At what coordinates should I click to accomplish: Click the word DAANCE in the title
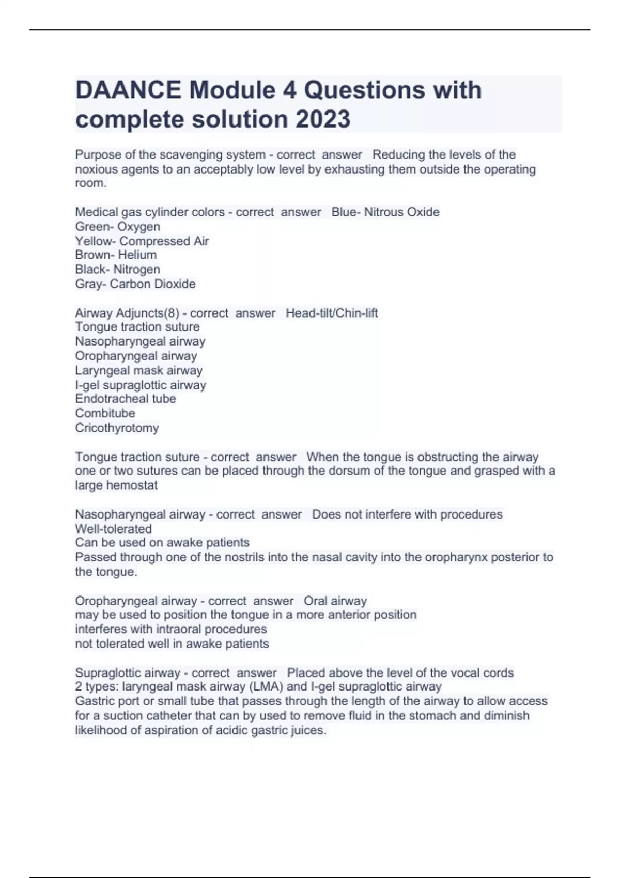point(128,90)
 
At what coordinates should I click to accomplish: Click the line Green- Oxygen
point(117,227)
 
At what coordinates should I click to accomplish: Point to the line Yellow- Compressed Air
point(142,241)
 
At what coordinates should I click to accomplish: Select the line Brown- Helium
point(116,255)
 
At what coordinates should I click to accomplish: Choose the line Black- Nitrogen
point(117,270)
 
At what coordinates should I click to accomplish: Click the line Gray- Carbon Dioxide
point(135,284)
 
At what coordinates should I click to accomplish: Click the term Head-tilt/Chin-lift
point(332,313)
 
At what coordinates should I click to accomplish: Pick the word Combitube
point(105,413)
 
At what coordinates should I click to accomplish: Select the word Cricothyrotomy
point(117,428)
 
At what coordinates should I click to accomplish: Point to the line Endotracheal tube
point(125,399)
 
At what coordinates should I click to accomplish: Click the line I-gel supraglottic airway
point(141,385)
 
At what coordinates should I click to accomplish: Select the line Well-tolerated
point(113,529)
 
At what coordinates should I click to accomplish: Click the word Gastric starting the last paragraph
point(95,701)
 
